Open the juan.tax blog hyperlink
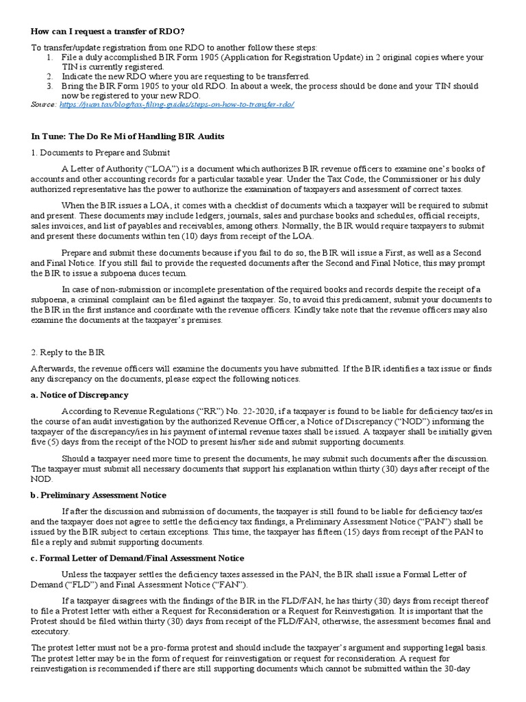pyautogui.click(x=177, y=104)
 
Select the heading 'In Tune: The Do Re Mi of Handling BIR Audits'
pyautogui.click(x=127, y=136)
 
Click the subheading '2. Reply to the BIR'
pyautogui.click(x=67, y=352)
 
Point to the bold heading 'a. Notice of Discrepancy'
pyautogui.click(x=80, y=395)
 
